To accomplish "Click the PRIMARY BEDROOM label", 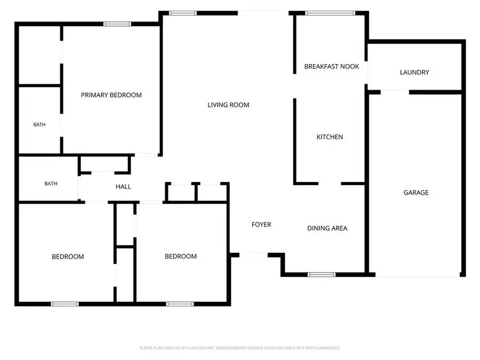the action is coord(111,95).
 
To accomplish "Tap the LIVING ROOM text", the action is coord(228,105).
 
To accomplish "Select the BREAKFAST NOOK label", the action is coord(332,67).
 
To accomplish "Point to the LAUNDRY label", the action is coord(414,72).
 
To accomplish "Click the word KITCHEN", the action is coord(330,137).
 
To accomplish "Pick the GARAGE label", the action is coord(415,193).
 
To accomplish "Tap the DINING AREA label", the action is coord(327,228).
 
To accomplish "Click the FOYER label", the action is coord(261,225).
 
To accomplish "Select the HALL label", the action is coord(123,187).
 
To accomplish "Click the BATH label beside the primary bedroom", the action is coord(39,125).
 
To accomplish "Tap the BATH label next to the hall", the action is coord(51,183).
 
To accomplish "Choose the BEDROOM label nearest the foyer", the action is coord(181,256).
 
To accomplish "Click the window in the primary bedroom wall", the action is coord(117,24).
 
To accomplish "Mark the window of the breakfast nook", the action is coord(330,13).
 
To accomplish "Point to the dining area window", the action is coord(322,275).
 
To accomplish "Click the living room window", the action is coord(183,13).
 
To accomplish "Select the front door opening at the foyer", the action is coord(253,255).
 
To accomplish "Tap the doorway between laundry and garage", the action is coord(395,92).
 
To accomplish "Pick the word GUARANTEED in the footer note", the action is coord(326,348).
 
